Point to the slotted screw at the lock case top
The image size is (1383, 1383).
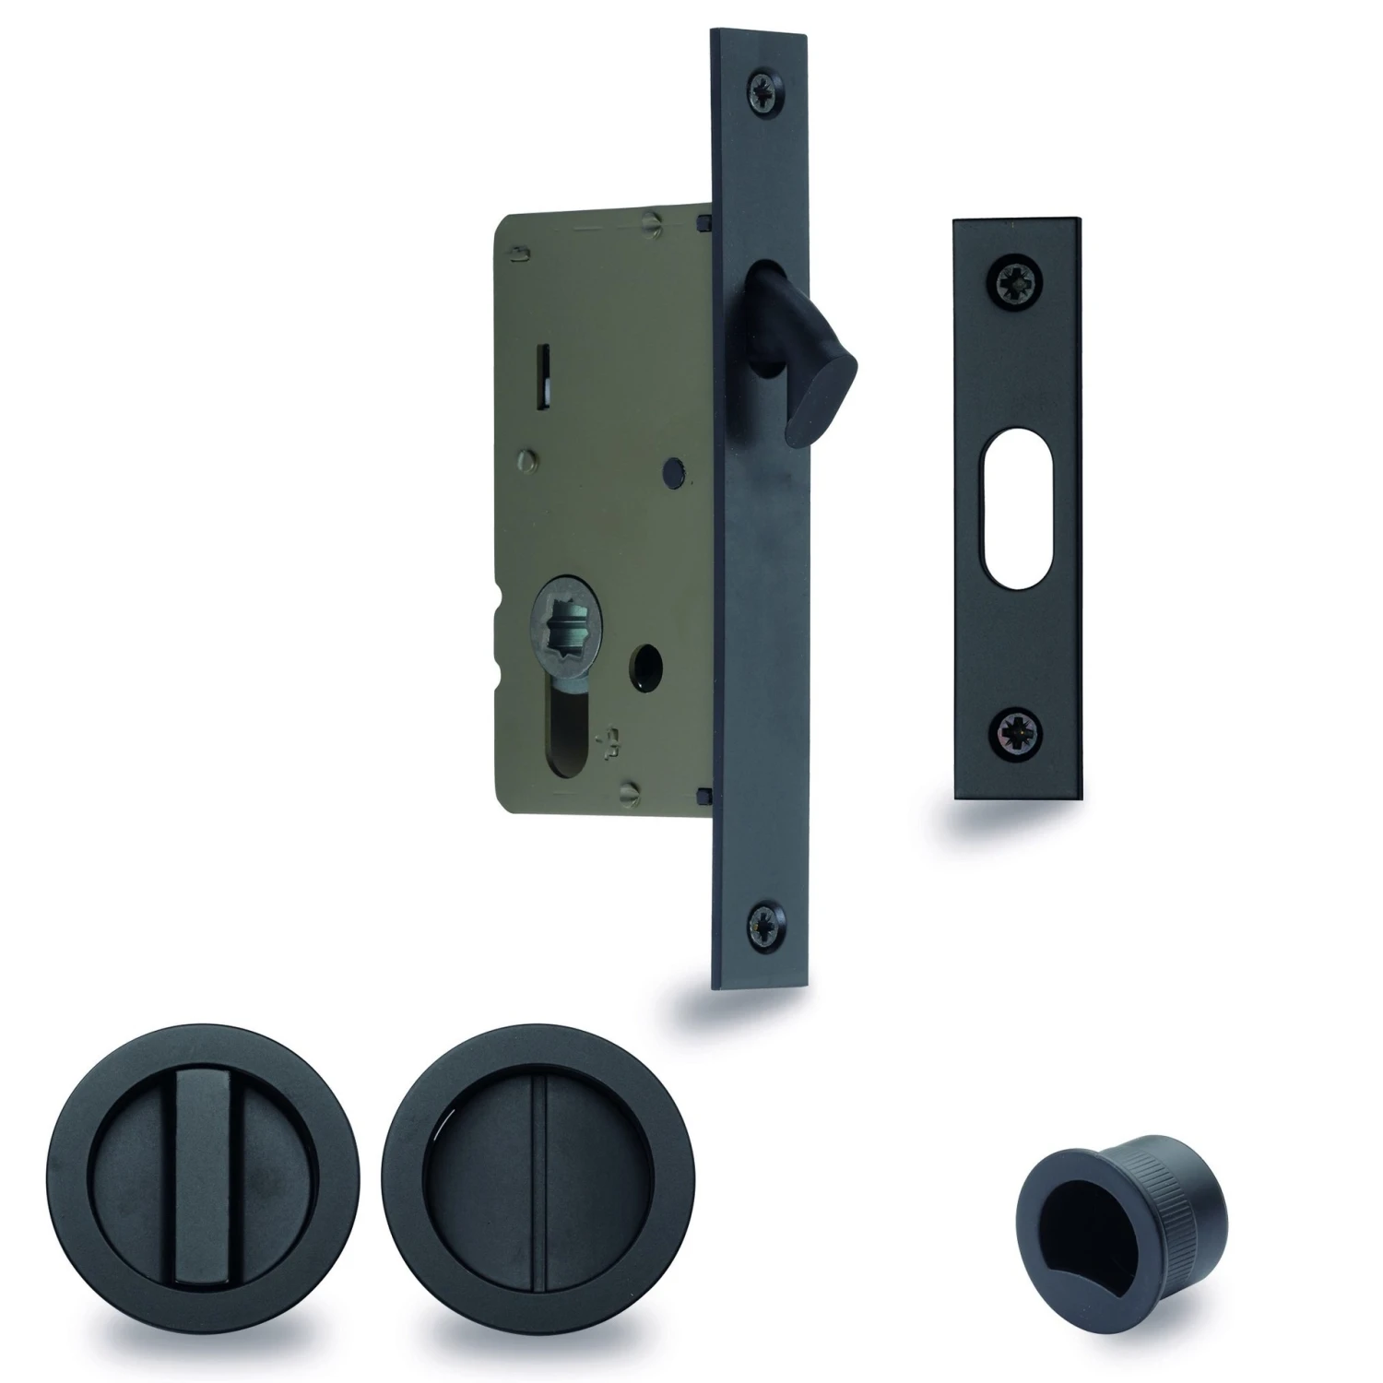coord(653,221)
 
